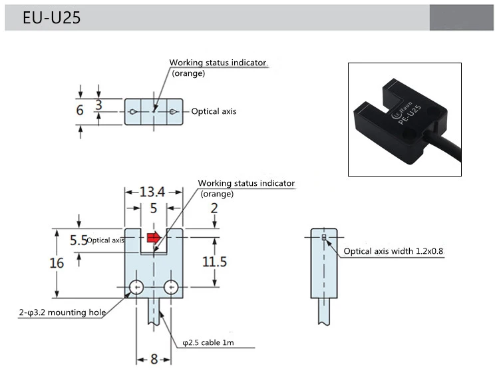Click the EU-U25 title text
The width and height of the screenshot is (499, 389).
(x=51, y=18)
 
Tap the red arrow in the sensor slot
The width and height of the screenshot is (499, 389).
(x=154, y=236)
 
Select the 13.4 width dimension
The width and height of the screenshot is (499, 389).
(x=152, y=193)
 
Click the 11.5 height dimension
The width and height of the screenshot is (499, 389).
(x=214, y=261)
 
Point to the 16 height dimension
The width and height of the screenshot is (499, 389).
(x=57, y=262)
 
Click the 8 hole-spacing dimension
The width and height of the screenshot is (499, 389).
(x=154, y=359)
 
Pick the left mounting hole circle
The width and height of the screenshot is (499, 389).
(x=136, y=287)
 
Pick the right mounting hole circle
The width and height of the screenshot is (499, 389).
(x=171, y=287)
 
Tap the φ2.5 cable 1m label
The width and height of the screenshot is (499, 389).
(x=208, y=343)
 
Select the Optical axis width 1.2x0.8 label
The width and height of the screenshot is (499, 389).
(x=393, y=252)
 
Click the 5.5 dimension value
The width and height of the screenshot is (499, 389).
(x=79, y=240)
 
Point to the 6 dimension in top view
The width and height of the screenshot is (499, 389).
(x=80, y=111)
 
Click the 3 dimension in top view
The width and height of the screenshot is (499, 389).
(x=98, y=105)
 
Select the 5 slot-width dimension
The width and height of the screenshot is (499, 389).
(x=153, y=208)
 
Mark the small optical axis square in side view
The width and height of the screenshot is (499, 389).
(x=324, y=237)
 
